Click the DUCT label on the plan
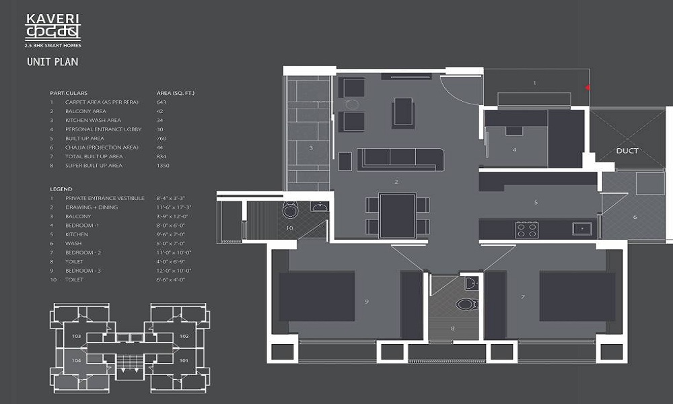pyautogui.click(x=627, y=151)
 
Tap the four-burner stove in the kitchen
pyautogui.click(x=526, y=230)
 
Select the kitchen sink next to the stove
pyautogui.click(x=581, y=229)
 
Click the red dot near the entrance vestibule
pyautogui.click(x=588, y=88)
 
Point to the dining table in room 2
pyautogui.click(x=397, y=215)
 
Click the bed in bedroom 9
pyautogui.click(x=316, y=296)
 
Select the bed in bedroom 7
pyautogui.click(x=577, y=296)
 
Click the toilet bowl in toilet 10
pyautogui.click(x=291, y=211)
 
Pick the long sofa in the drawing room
pyautogui.click(x=400, y=159)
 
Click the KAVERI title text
pyautogui.click(x=43, y=20)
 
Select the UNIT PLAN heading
pyautogui.click(x=52, y=62)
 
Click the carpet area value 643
pyautogui.click(x=161, y=102)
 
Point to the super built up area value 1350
pyautogui.click(x=163, y=166)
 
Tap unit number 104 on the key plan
pyautogui.click(x=76, y=361)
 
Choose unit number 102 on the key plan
pyautogui.click(x=184, y=336)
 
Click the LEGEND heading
pyautogui.click(x=61, y=189)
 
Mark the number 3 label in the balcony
pyautogui.click(x=310, y=147)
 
